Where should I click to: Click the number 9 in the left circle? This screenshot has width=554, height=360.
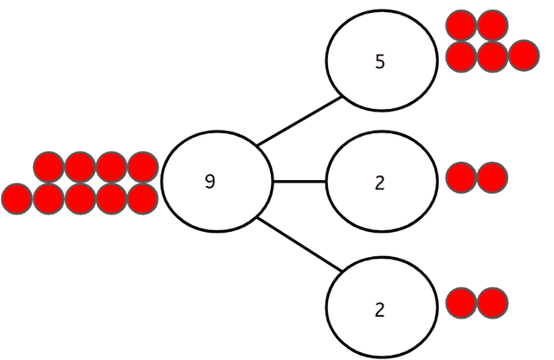pyautogui.click(x=209, y=182)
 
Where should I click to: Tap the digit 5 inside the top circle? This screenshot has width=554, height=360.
pyautogui.click(x=380, y=62)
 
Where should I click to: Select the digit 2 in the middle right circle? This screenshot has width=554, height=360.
pyautogui.click(x=380, y=183)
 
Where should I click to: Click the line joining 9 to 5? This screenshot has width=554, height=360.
pyautogui.click(x=299, y=120)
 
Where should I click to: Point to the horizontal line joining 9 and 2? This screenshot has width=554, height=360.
pyautogui.click(x=299, y=182)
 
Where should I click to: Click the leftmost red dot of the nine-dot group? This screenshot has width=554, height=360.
pyautogui.click(x=16, y=198)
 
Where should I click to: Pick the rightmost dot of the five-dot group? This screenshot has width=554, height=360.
pyautogui.click(x=523, y=56)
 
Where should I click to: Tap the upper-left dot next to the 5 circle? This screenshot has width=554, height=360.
pyautogui.click(x=461, y=25)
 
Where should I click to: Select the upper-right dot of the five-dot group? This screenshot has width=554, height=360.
pyautogui.click(x=492, y=25)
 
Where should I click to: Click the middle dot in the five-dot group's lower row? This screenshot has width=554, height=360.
pyautogui.click(x=492, y=56)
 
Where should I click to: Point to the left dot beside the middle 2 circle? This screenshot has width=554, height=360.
pyautogui.click(x=461, y=177)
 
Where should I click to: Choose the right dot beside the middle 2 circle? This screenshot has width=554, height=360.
pyautogui.click(x=492, y=177)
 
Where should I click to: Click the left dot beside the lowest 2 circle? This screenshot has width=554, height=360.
pyautogui.click(x=461, y=303)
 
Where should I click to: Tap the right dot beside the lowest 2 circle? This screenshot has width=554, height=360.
pyautogui.click(x=492, y=303)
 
